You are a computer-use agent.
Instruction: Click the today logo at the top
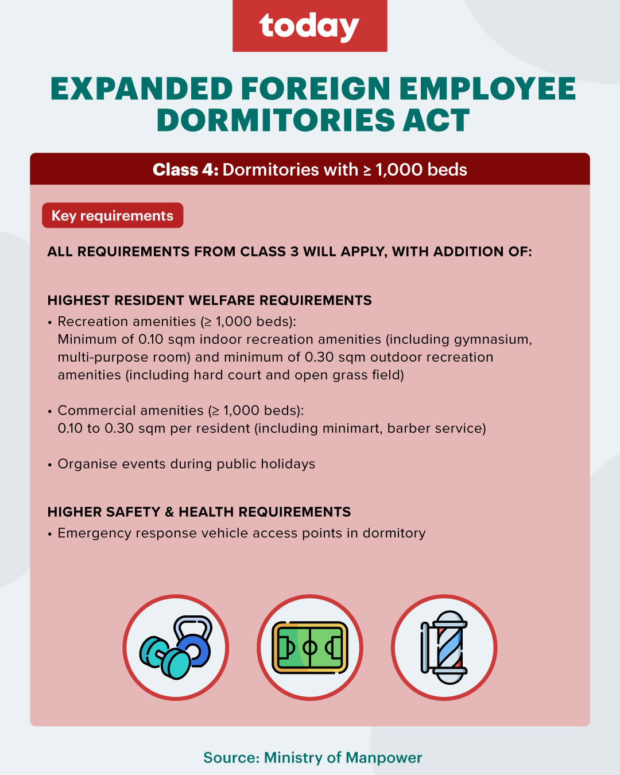309,26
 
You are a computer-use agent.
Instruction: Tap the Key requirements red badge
113,215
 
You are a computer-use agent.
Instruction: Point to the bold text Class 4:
185,170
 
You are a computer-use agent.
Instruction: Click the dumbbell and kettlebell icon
176,648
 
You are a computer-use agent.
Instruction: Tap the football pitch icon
310,648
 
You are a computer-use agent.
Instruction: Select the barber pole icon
444,648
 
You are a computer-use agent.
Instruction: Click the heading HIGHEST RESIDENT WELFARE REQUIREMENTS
210,300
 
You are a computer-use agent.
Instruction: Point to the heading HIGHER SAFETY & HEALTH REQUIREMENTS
199,511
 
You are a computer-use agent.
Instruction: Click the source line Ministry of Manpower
313,758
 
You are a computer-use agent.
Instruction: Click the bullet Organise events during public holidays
187,464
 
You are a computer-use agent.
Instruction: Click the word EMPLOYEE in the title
487,88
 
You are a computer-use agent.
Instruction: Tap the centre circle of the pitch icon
310,648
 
